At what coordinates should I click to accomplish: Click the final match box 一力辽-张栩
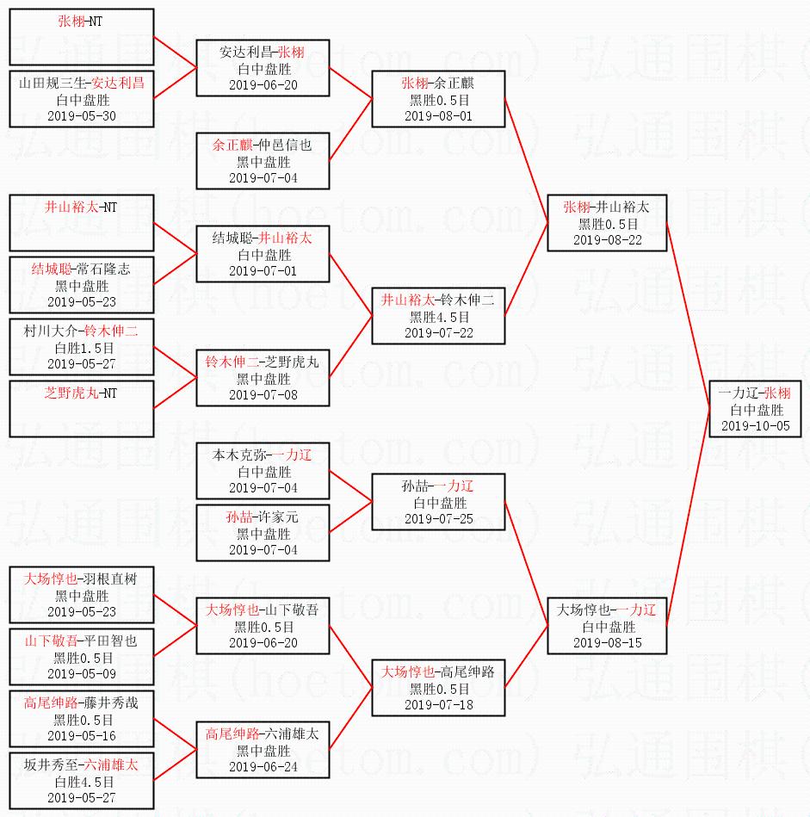[x=755, y=409]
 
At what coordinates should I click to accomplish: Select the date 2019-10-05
[x=755, y=426]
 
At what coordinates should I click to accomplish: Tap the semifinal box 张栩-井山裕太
[x=607, y=222]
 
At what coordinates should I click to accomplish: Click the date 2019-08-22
[x=607, y=239]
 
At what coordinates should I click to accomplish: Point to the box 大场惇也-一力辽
[x=607, y=626]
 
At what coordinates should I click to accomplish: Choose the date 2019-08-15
[x=607, y=642]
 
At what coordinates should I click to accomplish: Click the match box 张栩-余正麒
[x=438, y=99]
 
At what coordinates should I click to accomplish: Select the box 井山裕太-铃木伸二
[x=438, y=316]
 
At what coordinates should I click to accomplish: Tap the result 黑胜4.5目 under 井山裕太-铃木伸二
[x=438, y=317]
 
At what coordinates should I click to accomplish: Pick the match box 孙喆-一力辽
[x=438, y=502]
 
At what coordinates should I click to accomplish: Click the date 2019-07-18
[x=438, y=704]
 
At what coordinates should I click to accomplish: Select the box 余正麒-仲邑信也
[x=263, y=161]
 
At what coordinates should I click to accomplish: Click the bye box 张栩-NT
[x=81, y=37]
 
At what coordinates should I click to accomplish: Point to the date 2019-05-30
[x=81, y=116]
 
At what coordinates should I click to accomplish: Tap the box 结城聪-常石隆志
[x=81, y=284]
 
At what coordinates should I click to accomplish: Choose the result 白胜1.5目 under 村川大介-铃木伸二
[x=81, y=348]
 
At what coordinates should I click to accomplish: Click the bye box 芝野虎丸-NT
[x=81, y=408]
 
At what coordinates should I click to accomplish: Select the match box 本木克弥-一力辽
[x=263, y=471]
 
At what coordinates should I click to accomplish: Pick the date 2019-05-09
[x=81, y=673]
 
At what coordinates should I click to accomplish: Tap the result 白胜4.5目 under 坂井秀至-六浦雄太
[x=81, y=782]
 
